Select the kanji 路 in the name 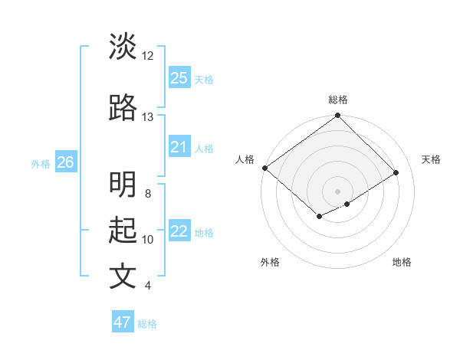click(x=123, y=109)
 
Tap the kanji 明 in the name click(x=123, y=185)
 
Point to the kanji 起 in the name click(x=123, y=231)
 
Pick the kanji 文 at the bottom click(x=123, y=277)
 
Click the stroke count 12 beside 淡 click(x=148, y=56)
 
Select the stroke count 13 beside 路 click(x=148, y=117)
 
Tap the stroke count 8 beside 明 click(x=148, y=194)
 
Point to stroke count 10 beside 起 click(x=148, y=240)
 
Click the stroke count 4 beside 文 click(x=148, y=286)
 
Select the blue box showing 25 click(x=179, y=78)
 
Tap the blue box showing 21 click(x=179, y=147)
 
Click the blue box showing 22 click(x=179, y=231)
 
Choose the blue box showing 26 click(x=65, y=162)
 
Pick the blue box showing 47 click(x=123, y=322)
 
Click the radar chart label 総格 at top click(x=338, y=100)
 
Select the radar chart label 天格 click(x=431, y=159)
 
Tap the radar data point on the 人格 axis click(x=264, y=168)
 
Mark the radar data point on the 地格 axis click(x=347, y=204)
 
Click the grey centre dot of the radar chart click(x=338, y=191)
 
